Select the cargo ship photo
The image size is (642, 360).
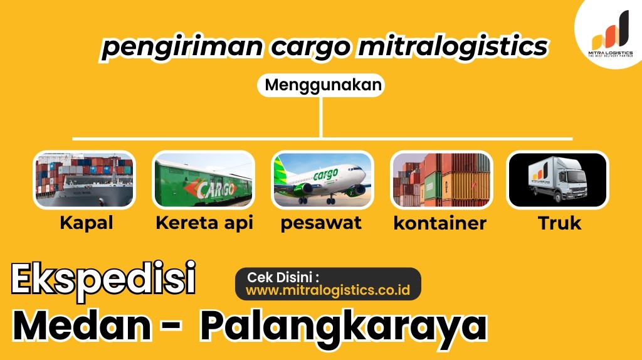click(x=83, y=180)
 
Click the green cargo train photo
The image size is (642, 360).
click(x=203, y=180)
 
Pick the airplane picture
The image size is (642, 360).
click(x=322, y=180)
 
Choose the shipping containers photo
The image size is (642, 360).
click(x=441, y=180)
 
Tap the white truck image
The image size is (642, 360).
click(x=557, y=180)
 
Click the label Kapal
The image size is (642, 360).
click(x=87, y=223)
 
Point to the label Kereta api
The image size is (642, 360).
click(x=204, y=223)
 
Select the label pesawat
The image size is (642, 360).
click(x=321, y=223)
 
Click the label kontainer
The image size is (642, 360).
click(x=440, y=223)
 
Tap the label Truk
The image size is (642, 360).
click(x=559, y=223)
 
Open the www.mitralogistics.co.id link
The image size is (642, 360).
click(x=327, y=290)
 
